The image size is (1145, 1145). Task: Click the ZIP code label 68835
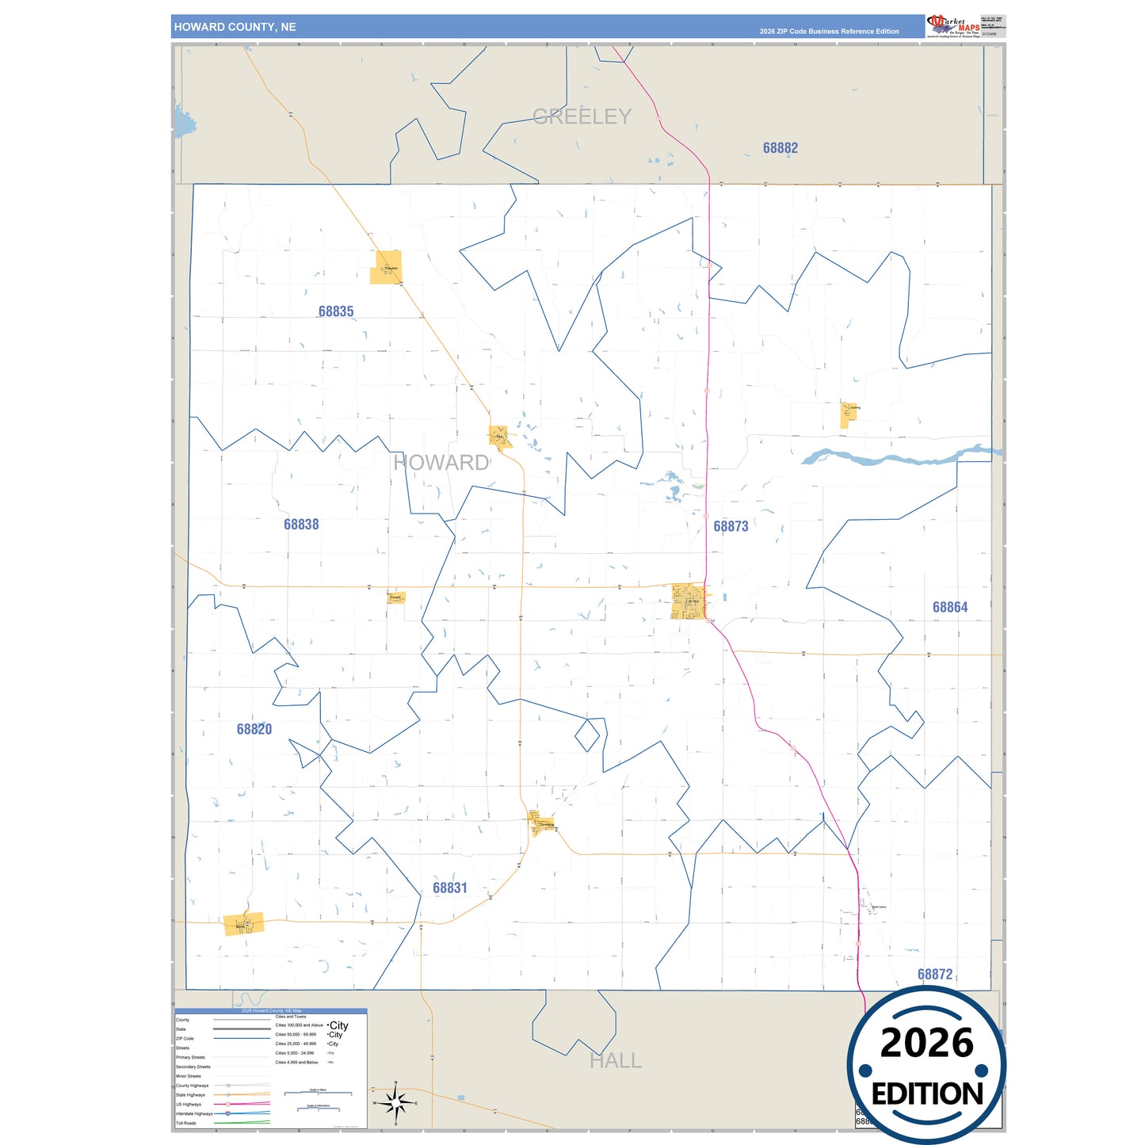coord(336,311)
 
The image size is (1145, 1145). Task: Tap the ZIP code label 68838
coord(301,524)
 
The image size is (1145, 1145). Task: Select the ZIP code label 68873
coord(731,526)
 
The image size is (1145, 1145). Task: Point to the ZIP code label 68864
coord(950,607)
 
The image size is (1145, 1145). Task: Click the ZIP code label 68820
coord(254,729)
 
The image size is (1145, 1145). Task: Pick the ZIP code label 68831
coord(450,887)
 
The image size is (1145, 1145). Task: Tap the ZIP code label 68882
coord(781,148)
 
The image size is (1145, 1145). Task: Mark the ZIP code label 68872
coord(935,974)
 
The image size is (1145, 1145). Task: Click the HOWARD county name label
coord(441,463)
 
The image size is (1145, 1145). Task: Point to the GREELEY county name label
coord(582,116)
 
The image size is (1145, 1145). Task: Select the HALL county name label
coord(616,1060)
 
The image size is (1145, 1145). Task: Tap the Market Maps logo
coord(953,26)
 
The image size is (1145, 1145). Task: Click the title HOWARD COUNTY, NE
coord(235,27)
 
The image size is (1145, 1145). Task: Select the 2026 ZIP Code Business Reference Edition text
coord(829,32)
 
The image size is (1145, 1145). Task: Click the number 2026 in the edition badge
coord(926,1044)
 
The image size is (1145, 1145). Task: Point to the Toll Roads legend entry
coord(186,1123)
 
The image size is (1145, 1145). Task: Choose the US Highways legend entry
coord(189,1104)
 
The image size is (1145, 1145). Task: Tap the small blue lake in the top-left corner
coord(183,123)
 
